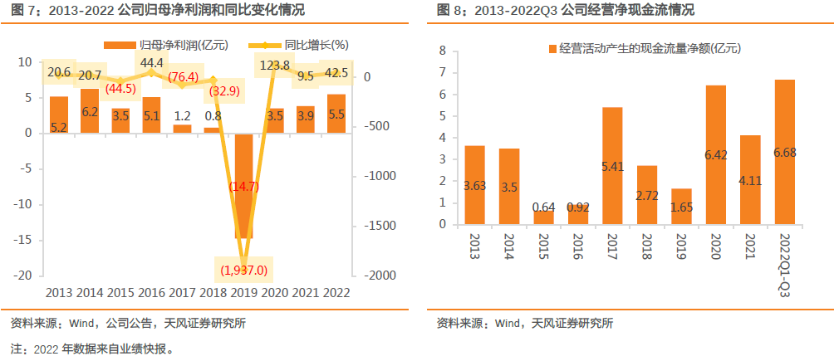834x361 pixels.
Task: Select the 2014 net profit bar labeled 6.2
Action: coord(90,110)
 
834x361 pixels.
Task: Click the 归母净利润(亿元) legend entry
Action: coord(167,44)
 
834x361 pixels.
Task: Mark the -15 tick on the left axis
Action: coord(25,240)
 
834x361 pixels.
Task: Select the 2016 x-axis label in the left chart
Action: coord(151,292)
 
